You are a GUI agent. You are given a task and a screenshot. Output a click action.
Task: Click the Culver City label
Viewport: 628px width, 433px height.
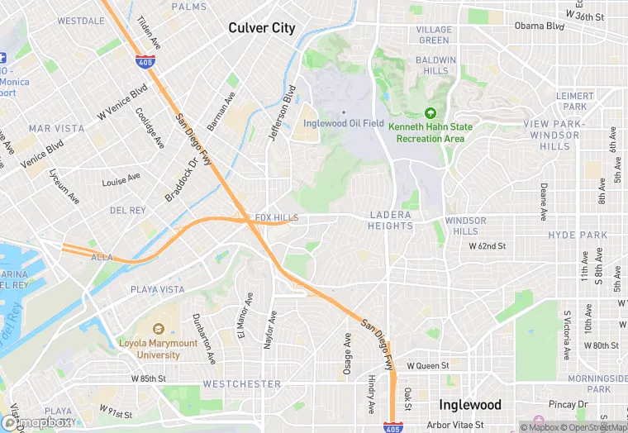click(261, 28)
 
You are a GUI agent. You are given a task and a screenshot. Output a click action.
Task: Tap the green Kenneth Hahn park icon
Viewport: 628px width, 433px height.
click(430, 114)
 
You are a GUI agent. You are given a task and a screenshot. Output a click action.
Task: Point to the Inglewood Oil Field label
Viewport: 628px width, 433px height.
click(344, 124)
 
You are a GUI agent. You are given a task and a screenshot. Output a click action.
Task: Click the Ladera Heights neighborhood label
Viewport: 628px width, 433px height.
click(391, 220)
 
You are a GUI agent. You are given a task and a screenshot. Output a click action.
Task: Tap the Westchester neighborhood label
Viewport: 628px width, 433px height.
click(242, 384)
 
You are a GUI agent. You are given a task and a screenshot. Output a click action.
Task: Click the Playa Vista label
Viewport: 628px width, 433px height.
click(158, 290)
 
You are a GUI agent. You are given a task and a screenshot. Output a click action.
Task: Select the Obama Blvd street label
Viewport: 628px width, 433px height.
click(539, 26)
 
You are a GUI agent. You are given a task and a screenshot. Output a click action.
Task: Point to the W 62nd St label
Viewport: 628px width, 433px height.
click(487, 246)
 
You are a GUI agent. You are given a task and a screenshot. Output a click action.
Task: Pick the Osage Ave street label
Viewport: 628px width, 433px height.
click(348, 354)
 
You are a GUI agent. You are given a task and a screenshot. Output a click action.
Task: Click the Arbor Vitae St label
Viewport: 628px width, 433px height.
click(450, 425)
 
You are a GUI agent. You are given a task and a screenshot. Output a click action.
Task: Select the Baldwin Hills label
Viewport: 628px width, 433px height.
click(435, 65)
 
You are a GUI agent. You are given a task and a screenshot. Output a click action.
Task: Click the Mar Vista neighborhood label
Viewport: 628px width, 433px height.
click(56, 129)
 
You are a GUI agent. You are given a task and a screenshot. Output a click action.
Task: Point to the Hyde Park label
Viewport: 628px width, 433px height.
click(578, 236)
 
